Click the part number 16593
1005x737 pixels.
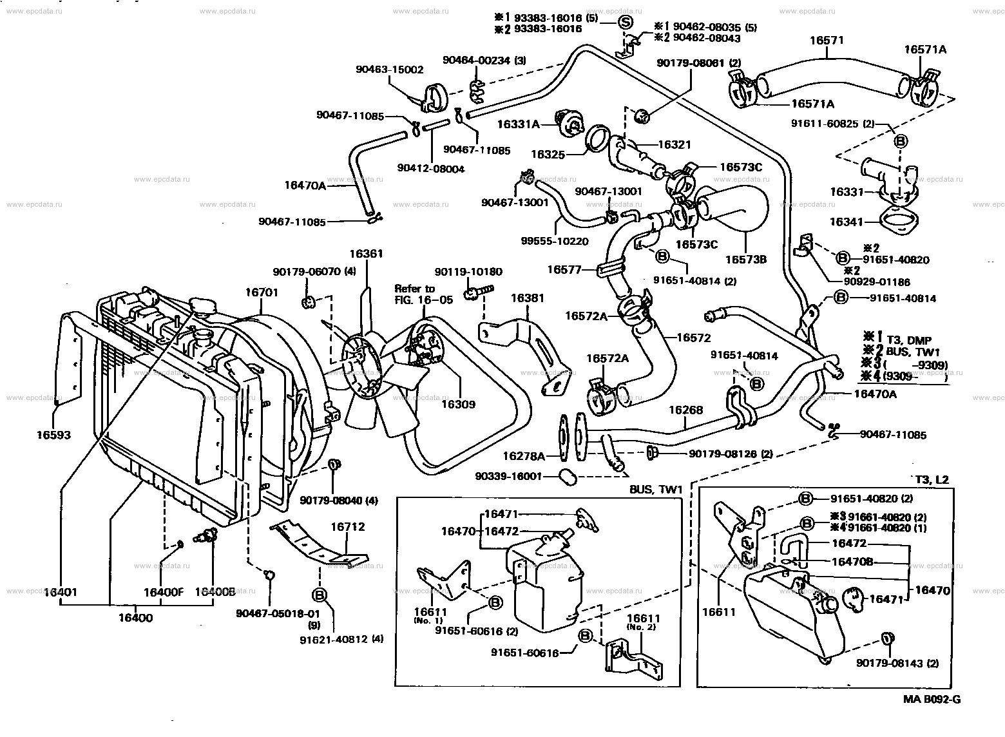coord(54,435)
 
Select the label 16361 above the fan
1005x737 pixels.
coord(367,253)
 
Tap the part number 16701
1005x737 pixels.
coord(261,292)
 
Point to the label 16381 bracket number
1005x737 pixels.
coord(527,298)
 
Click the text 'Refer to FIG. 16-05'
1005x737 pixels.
coord(423,294)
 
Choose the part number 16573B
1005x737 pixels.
coord(746,259)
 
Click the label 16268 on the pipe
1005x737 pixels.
coord(685,410)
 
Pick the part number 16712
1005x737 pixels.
coord(348,526)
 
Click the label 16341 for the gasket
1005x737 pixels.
coord(847,222)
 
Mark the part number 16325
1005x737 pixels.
coord(548,155)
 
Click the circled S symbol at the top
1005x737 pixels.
coord(624,21)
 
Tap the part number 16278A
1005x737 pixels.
coord(524,456)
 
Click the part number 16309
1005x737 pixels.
coord(458,404)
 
